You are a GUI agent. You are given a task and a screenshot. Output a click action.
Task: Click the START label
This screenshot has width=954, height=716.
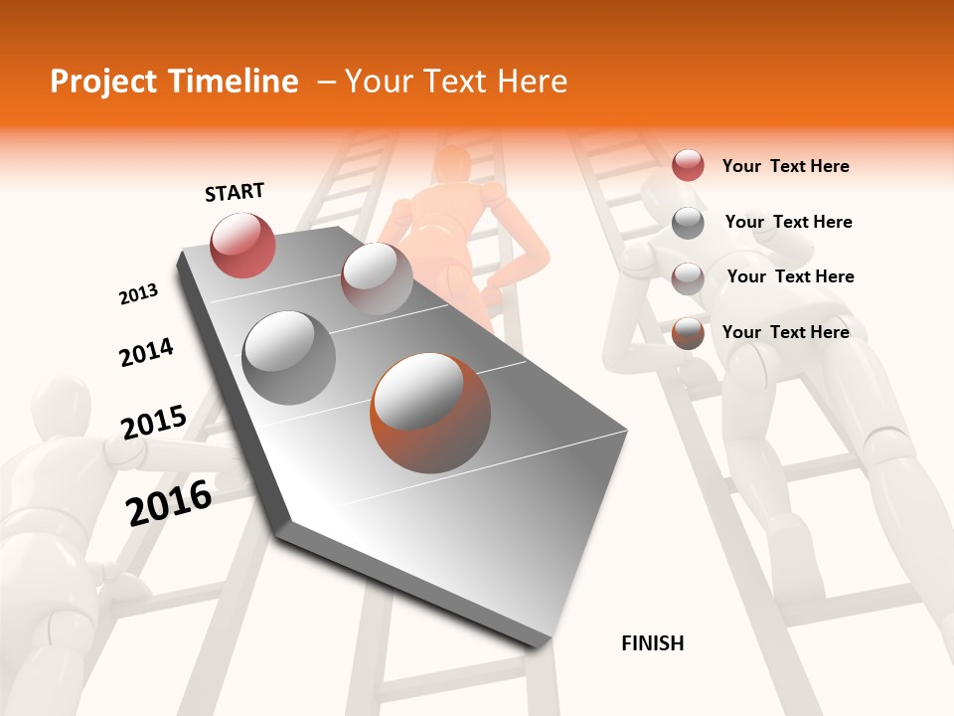click(x=235, y=192)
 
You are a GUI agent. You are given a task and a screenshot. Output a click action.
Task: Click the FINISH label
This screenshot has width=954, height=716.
click(x=652, y=643)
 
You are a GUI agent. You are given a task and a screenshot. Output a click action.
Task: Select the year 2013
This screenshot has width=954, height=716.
click(x=139, y=294)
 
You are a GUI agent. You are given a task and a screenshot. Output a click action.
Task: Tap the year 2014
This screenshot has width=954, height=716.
click(x=146, y=353)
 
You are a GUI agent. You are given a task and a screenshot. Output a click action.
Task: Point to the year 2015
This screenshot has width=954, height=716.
click(x=154, y=423)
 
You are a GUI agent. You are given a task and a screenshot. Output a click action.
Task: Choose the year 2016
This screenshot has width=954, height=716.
click(x=170, y=502)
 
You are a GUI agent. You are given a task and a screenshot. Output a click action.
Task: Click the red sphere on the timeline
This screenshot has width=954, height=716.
click(x=242, y=245)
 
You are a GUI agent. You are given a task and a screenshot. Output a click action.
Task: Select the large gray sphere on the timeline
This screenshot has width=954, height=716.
click(x=289, y=357)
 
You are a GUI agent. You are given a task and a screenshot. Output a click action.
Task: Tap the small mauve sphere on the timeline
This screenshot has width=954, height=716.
click(x=377, y=278)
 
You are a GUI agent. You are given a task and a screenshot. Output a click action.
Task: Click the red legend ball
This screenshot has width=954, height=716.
click(x=688, y=165)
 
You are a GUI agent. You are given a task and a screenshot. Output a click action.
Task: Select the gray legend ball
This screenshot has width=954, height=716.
click(x=688, y=222)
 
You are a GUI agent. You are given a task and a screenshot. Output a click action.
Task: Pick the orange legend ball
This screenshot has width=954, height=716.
click(x=688, y=332)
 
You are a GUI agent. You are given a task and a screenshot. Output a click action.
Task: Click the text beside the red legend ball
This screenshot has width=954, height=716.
click(x=785, y=166)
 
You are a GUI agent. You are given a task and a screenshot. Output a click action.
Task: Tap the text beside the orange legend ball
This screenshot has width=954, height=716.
click(x=785, y=332)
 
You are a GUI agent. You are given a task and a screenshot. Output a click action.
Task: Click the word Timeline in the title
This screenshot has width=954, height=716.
click(x=234, y=82)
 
